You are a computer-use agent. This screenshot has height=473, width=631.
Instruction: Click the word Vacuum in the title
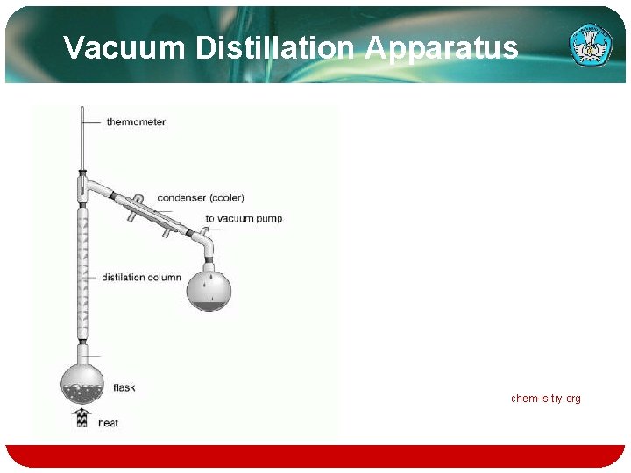coord(125,47)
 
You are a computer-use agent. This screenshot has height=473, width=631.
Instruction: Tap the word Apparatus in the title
coord(442,47)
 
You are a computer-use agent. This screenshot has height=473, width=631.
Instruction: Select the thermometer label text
coord(136,122)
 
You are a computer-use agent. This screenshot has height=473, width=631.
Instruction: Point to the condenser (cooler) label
coord(201,197)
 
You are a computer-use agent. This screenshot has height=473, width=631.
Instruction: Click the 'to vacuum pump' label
coord(244,218)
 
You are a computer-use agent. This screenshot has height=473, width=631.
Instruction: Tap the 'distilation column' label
coord(141,277)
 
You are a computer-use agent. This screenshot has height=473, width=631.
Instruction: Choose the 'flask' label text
coord(124,387)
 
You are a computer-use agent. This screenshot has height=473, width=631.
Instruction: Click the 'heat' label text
coord(108,422)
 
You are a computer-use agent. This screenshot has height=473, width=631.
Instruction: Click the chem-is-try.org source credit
coord(546,399)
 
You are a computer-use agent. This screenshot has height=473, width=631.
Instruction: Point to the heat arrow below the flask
coord(82,417)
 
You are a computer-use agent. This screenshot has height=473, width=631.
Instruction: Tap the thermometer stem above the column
coord(82,140)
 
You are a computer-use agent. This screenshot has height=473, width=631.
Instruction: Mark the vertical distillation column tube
coord(83,272)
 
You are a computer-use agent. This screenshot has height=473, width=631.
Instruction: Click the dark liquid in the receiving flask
coord(210,306)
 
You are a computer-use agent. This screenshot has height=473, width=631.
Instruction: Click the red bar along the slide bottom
coord(315,455)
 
